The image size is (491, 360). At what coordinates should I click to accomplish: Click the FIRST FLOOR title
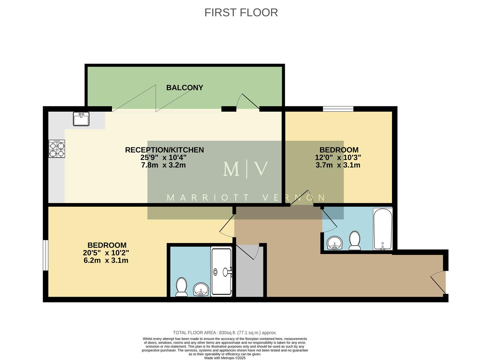[x=241, y=12]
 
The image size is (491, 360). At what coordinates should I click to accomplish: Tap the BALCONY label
[x=185, y=88]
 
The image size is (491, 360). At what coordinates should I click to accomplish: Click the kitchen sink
[x=81, y=119]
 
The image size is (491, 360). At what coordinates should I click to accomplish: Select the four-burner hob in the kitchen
[x=57, y=149]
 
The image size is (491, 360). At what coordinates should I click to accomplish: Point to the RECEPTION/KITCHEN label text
[x=164, y=150]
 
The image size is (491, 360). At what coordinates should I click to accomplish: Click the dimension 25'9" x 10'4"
[x=163, y=157]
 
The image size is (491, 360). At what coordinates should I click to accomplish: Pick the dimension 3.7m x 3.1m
[x=338, y=165]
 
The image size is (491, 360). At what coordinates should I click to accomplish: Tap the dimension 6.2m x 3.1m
[x=106, y=260]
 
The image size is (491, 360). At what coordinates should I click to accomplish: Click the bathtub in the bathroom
[x=383, y=229]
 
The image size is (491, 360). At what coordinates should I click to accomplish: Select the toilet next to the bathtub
[x=355, y=241]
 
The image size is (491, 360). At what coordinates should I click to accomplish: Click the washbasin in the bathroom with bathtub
[x=335, y=243]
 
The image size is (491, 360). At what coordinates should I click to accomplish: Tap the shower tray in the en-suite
[x=221, y=271]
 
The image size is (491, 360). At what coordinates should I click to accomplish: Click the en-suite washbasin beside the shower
[x=201, y=289]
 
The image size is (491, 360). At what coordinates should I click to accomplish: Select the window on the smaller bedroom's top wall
[x=338, y=109]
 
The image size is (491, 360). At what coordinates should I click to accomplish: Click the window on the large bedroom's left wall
[x=46, y=255]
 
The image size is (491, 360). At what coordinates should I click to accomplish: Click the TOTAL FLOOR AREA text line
[x=225, y=333]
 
